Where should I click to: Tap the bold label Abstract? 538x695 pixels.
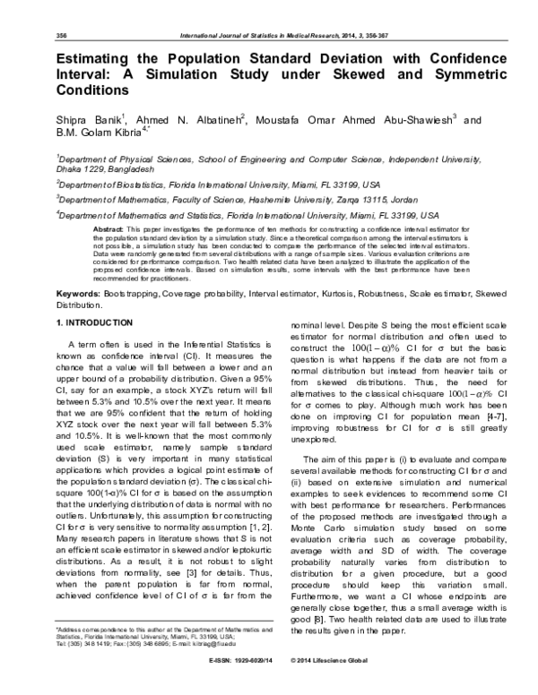point(108,231)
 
